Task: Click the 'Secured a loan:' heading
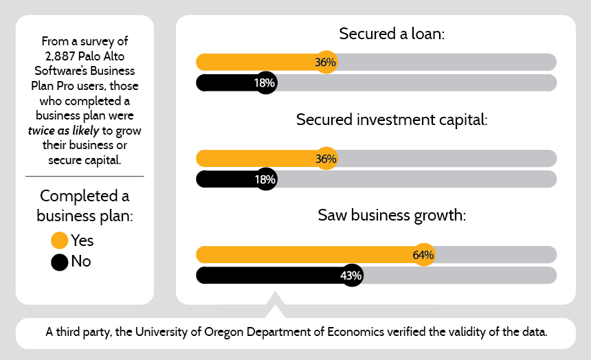(392, 34)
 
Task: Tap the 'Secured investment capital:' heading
(392, 120)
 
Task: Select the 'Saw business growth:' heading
(392, 215)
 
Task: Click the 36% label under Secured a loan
(326, 63)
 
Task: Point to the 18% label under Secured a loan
(265, 83)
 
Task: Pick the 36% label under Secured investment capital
(326, 159)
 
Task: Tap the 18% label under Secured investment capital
(265, 179)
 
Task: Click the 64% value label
(423, 255)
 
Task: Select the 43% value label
(351, 275)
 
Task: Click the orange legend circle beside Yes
(60, 240)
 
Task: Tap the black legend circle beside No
(60, 262)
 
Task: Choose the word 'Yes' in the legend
(82, 240)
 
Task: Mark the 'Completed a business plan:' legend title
(85, 205)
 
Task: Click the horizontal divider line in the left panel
(85, 177)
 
